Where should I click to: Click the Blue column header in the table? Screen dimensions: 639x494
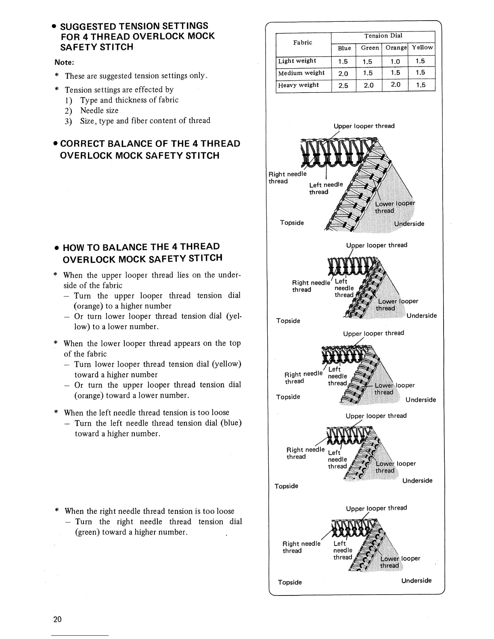pos(344,48)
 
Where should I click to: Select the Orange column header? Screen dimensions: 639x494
pos(396,48)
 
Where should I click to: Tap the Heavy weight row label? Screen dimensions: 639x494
pos(298,85)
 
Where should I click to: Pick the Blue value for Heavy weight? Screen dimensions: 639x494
pos(343,86)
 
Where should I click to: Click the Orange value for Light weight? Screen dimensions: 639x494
pos(396,61)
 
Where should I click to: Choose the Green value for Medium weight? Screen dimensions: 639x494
pos(368,73)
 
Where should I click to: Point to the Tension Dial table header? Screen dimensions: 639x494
pos(383,35)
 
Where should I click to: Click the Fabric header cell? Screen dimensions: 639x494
pos(303,42)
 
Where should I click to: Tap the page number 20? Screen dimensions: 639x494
pos(57,620)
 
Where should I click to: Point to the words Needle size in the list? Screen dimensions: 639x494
pos(99,110)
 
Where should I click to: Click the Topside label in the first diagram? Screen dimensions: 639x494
pos(292,223)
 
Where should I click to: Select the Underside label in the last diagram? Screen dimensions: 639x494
pos(417,581)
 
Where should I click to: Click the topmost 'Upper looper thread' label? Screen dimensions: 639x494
pos(364,126)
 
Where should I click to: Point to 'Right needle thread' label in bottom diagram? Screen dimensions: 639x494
pos(301,547)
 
